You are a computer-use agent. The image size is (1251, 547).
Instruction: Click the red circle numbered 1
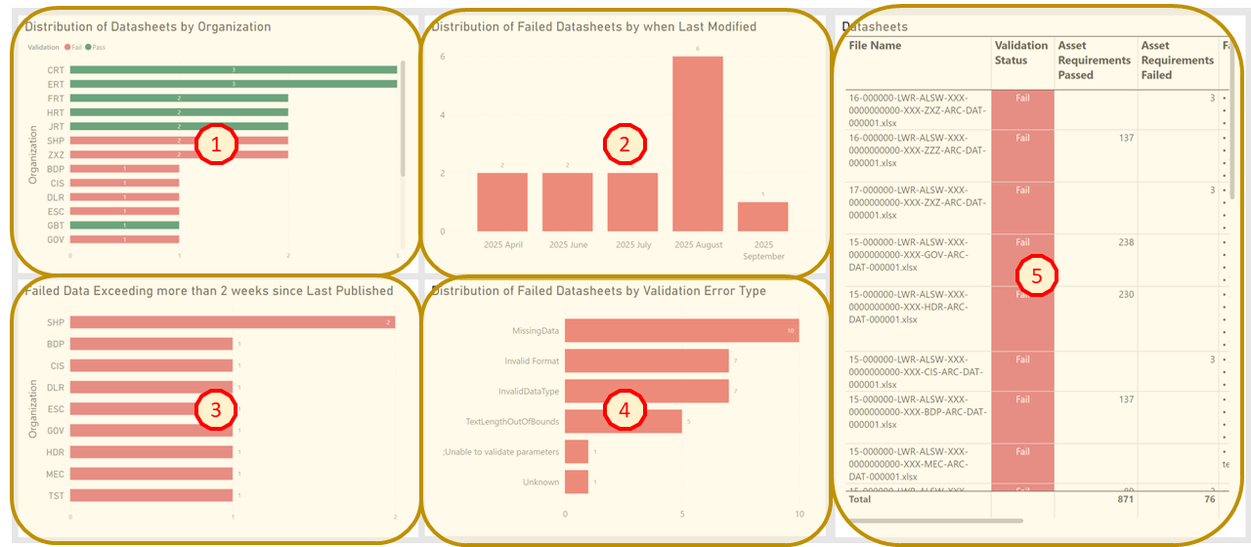[x=214, y=145]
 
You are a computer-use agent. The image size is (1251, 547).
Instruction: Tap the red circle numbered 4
[x=624, y=409]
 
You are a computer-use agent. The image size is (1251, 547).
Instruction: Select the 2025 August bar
[x=697, y=144]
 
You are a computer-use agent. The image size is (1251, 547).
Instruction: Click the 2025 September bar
[x=762, y=217]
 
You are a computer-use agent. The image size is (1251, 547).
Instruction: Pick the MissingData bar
[x=681, y=331]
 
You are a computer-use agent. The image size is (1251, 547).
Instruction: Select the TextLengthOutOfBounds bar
[x=623, y=421]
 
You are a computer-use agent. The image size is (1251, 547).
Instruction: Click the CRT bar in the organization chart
[x=233, y=69]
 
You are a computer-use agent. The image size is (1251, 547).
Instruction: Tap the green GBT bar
[x=124, y=225]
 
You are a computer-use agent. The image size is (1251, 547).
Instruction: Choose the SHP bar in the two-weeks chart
[x=232, y=322]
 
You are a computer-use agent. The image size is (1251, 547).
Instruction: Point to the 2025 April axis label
[x=502, y=244]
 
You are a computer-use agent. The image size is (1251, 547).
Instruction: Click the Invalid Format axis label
[x=532, y=361]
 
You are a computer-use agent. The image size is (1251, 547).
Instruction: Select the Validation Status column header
[x=1012, y=53]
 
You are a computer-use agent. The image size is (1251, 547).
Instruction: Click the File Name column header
[x=875, y=46]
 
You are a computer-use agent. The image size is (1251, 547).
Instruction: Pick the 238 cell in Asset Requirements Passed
[x=1125, y=242]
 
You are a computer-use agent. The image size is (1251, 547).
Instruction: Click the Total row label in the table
[x=859, y=498]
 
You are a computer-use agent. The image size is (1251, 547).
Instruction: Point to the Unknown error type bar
[x=577, y=482]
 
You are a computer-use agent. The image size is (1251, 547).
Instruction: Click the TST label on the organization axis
[x=56, y=495]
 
